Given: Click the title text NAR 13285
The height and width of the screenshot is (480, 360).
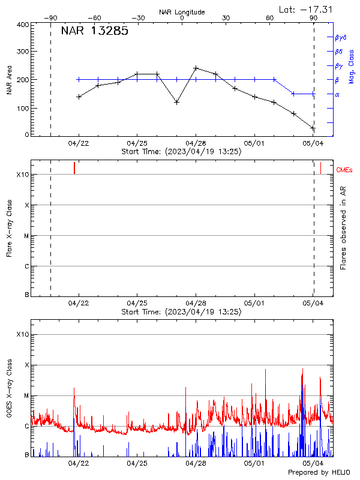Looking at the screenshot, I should coord(94,32).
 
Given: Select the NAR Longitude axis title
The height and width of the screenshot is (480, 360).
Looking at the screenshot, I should coord(182,11).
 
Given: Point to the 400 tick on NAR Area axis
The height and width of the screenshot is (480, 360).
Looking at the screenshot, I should coord(23,25).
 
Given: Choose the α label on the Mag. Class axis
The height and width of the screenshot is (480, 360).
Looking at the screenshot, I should coord(337,94).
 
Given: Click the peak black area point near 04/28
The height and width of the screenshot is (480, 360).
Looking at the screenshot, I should coord(196,68).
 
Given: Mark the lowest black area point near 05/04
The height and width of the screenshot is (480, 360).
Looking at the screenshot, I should coord(313,128).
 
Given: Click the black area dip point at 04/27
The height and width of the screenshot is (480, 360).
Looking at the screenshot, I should coord(176,102).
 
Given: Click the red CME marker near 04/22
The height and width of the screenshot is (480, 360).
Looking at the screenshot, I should coord(74,168).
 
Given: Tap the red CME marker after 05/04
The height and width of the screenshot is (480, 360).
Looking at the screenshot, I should coord(320,168).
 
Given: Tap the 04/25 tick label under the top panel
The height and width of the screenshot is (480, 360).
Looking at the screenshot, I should coord(137,143).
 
